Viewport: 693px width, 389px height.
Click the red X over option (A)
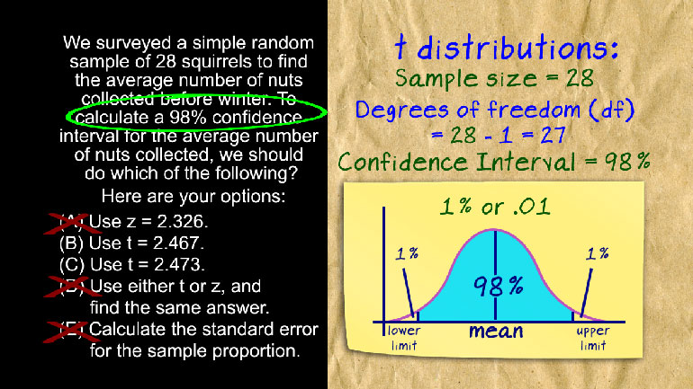pyautogui.click(x=71, y=223)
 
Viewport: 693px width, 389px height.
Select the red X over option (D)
pyautogui.click(x=70, y=287)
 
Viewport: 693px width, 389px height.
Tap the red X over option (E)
pyautogui.click(x=71, y=332)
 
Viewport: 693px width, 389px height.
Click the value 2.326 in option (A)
pyautogui.click(x=183, y=221)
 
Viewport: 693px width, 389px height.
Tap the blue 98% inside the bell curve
pyautogui.click(x=498, y=286)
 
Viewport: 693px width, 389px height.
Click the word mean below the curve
pyautogui.click(x=496, y=332)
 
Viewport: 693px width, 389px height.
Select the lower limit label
pyautogui.click(x=403, y=338)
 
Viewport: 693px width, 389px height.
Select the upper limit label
pyautogui.click(x=593, y=338)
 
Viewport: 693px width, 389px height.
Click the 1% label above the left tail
pyautogui.click(x=407, y=253)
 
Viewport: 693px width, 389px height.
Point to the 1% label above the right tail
pyautogui.click(x=597, y=253)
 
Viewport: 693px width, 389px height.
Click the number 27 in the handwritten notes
pyautogui.click(x=553, y=136)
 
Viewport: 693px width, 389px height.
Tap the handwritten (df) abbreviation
pyautogui.click(x=612, y=110)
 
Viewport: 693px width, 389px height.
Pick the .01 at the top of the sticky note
pyautogui.click(x=532, y=207)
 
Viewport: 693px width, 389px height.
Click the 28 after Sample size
pyautogui.click(x=580, y=78)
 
